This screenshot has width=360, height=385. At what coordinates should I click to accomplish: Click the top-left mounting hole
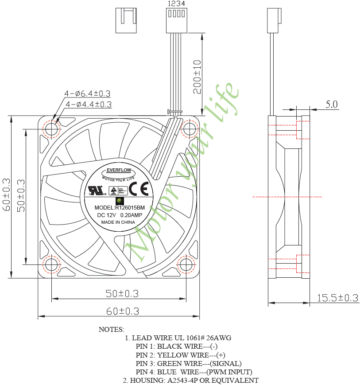51,129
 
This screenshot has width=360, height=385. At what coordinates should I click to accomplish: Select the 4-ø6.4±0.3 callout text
87,93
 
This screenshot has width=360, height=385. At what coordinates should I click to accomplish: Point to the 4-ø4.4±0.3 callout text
88,105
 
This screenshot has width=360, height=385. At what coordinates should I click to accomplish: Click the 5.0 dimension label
332,105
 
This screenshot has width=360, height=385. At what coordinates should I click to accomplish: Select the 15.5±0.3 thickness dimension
337,298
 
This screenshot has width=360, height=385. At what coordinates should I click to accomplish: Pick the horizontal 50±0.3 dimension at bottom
122,293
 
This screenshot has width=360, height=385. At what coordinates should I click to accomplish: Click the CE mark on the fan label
143,189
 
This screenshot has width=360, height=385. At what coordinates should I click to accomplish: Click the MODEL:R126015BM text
120,208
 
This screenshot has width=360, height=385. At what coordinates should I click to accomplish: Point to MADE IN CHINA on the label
118,222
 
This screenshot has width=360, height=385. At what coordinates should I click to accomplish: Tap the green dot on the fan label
119,201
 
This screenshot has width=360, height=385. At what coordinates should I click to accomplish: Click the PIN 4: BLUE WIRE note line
194,372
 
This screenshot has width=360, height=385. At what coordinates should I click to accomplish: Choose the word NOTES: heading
111,330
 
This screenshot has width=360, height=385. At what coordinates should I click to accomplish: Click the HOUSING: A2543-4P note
190,380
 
